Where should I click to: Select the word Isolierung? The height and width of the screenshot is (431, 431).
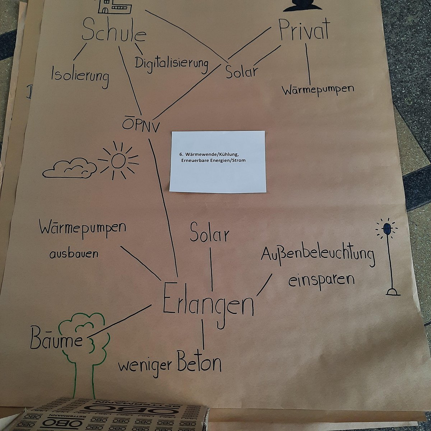point(80,76)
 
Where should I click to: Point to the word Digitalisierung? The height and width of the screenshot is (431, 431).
point(172,64)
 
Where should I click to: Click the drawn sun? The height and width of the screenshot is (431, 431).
point(118,161)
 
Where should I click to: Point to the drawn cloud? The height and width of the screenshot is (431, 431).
point(70,168)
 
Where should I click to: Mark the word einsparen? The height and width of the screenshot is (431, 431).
point(321,279)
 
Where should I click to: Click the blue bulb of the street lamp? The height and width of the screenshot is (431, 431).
point(387,229)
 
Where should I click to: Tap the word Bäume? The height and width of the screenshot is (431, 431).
point(56,338)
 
